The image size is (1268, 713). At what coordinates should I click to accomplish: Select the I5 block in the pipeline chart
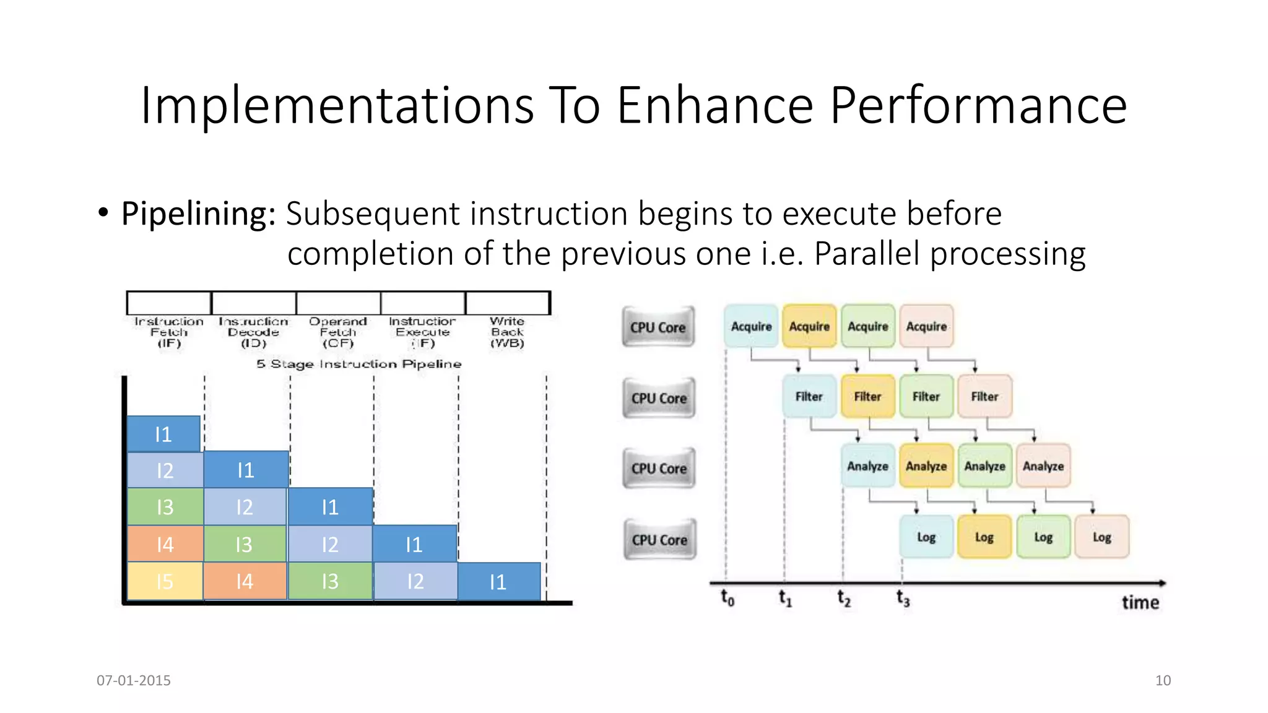tap(165, 581)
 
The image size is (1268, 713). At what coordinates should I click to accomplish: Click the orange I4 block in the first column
tap(165, 544)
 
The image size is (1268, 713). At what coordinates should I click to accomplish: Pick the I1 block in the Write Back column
tap(498, 581)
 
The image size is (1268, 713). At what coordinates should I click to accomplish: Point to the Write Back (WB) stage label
tap(507, 332)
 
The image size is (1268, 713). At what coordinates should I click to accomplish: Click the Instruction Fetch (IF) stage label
tap(168, 332)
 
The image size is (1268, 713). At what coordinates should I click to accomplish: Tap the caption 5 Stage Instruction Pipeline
tap(359, 364)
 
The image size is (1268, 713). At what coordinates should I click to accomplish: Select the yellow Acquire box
tap(809, 326)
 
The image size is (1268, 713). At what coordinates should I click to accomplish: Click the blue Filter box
tap(809, 396)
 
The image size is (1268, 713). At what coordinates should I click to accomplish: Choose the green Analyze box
tap(984, 466)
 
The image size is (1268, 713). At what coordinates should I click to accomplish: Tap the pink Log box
tap(1101, 537)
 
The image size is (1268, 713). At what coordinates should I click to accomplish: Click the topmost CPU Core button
tap(658, 327)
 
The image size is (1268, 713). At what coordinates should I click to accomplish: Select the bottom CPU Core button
tap(659, 540)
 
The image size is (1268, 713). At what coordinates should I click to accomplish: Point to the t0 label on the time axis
tap(727, 598)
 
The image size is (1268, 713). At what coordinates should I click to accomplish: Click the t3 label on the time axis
tap(903, 598)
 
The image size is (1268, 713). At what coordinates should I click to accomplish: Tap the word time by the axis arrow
tap(1140, 602)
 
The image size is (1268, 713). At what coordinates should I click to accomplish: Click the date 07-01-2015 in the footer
tap(134, 680)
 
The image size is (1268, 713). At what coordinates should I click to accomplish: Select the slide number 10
tap(1163, 680)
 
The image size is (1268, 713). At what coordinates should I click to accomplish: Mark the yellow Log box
tap(984, 537)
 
